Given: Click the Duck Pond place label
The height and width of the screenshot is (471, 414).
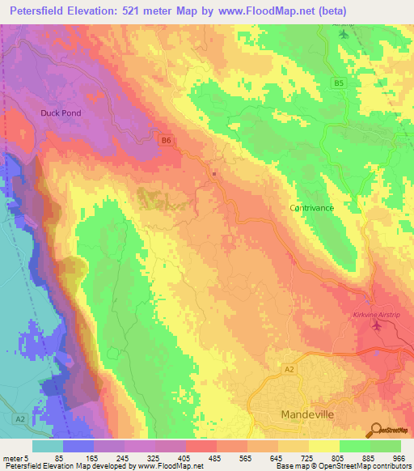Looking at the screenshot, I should pos(61,113).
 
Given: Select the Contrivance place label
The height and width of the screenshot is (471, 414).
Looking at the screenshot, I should pos(311,208).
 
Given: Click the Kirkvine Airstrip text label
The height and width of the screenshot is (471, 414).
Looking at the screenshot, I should pos(377,315).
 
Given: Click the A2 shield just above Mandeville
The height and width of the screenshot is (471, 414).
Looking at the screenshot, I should pos(289,368).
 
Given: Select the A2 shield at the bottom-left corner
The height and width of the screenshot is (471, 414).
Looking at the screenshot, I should pos(20,419).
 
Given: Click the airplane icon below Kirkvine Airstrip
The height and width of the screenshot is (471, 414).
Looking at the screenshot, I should pos(376,326).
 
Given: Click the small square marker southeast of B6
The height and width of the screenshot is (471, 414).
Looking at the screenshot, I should pos(214,172).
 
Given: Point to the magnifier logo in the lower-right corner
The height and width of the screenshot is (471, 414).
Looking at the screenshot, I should pos(377,430).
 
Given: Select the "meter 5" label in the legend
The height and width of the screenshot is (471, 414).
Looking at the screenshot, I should pos(15,457).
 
